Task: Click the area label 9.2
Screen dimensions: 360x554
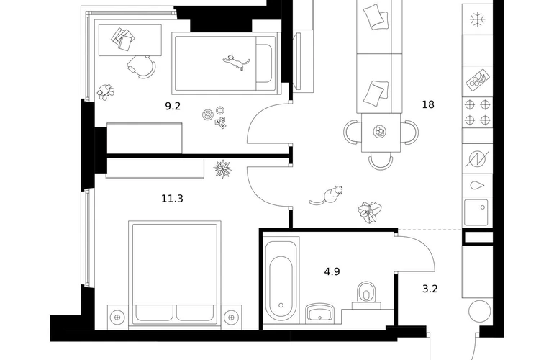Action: tap(173, 107)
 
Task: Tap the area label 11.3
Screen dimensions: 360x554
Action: tap(173, 198)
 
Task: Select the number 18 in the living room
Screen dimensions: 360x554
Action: tap(428, 104)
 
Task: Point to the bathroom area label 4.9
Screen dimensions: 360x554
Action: tap(332, 272)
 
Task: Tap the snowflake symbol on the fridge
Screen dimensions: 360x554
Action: tap(476, 18)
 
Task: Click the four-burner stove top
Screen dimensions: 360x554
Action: tap(477, 112)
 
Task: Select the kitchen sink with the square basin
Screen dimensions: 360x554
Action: tap(476, 212)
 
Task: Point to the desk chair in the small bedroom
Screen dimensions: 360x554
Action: tap(142, 66)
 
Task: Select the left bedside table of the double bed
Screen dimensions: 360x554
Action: tap(117, 315)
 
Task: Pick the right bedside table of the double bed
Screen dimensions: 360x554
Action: tap(230, 315)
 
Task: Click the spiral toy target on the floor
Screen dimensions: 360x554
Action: tap(208, 114)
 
